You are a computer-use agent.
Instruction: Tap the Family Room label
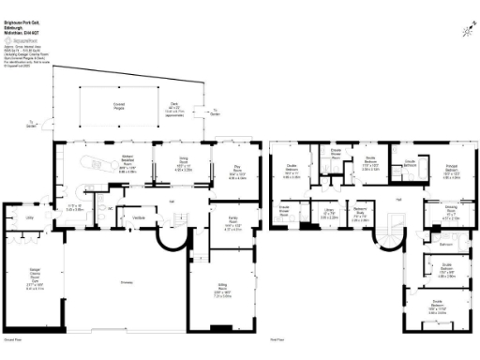tap(233, 225)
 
